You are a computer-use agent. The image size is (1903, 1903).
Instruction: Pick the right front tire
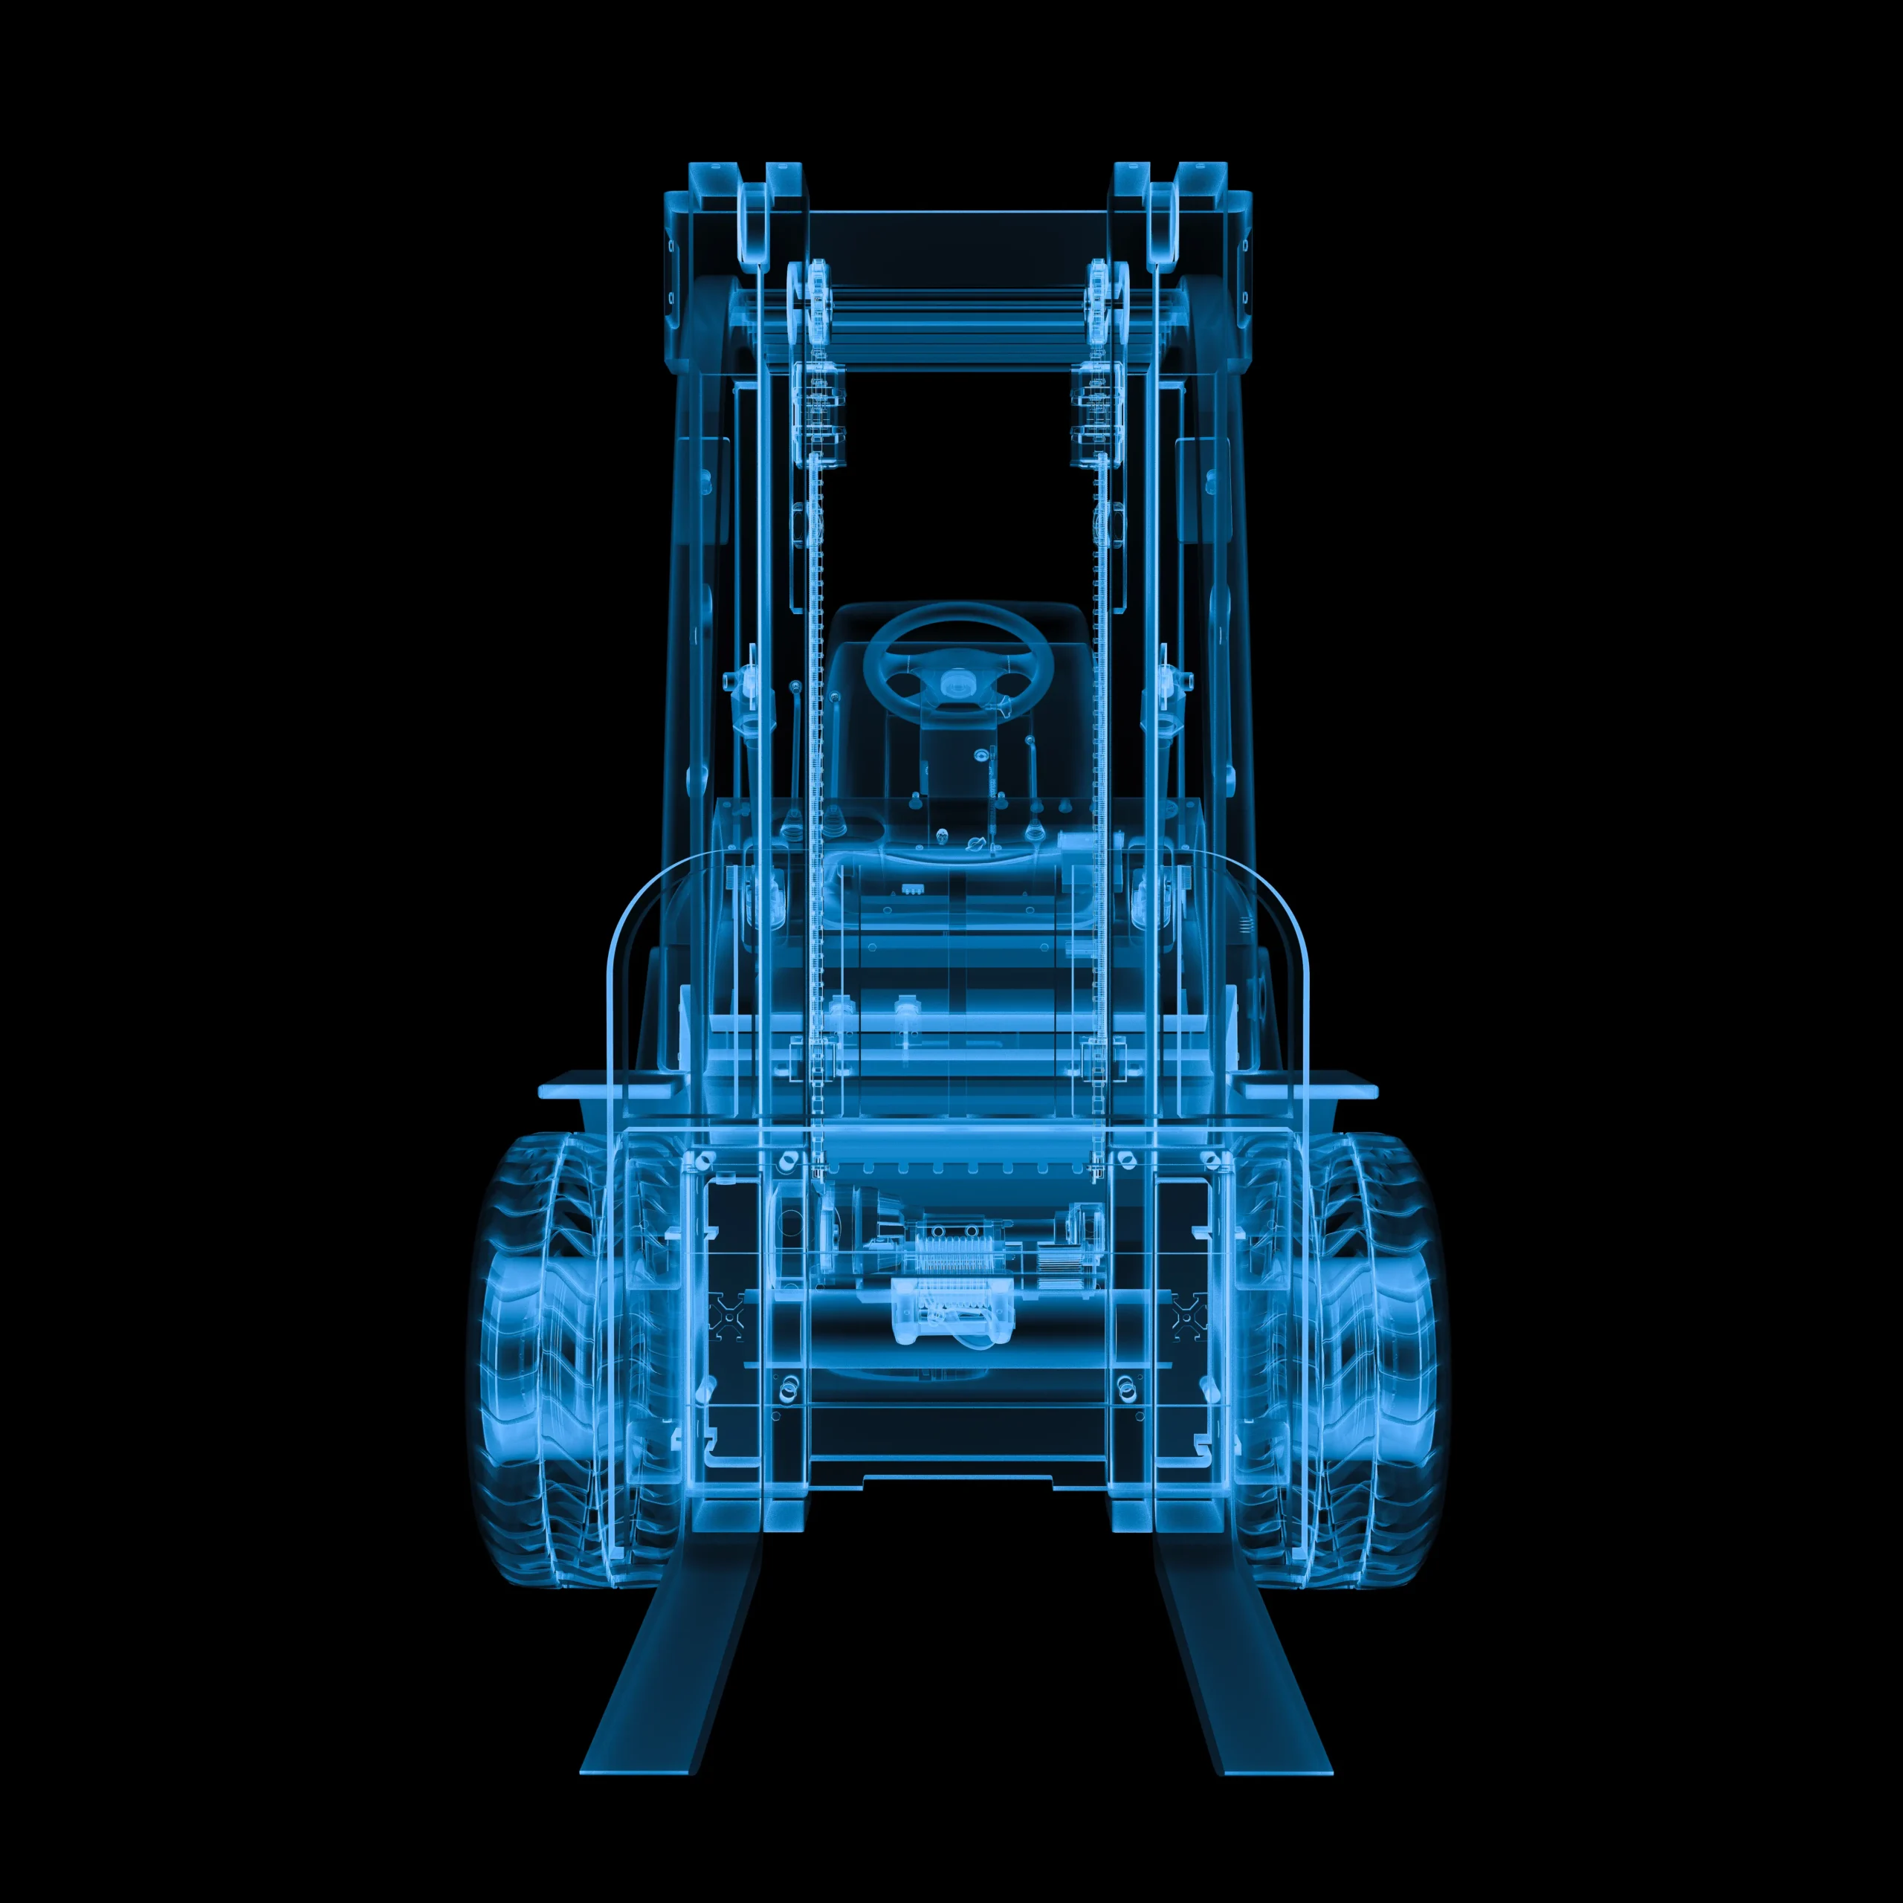click(1374, 1360)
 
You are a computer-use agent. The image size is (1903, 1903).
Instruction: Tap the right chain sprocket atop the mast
click(1100, 285)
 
